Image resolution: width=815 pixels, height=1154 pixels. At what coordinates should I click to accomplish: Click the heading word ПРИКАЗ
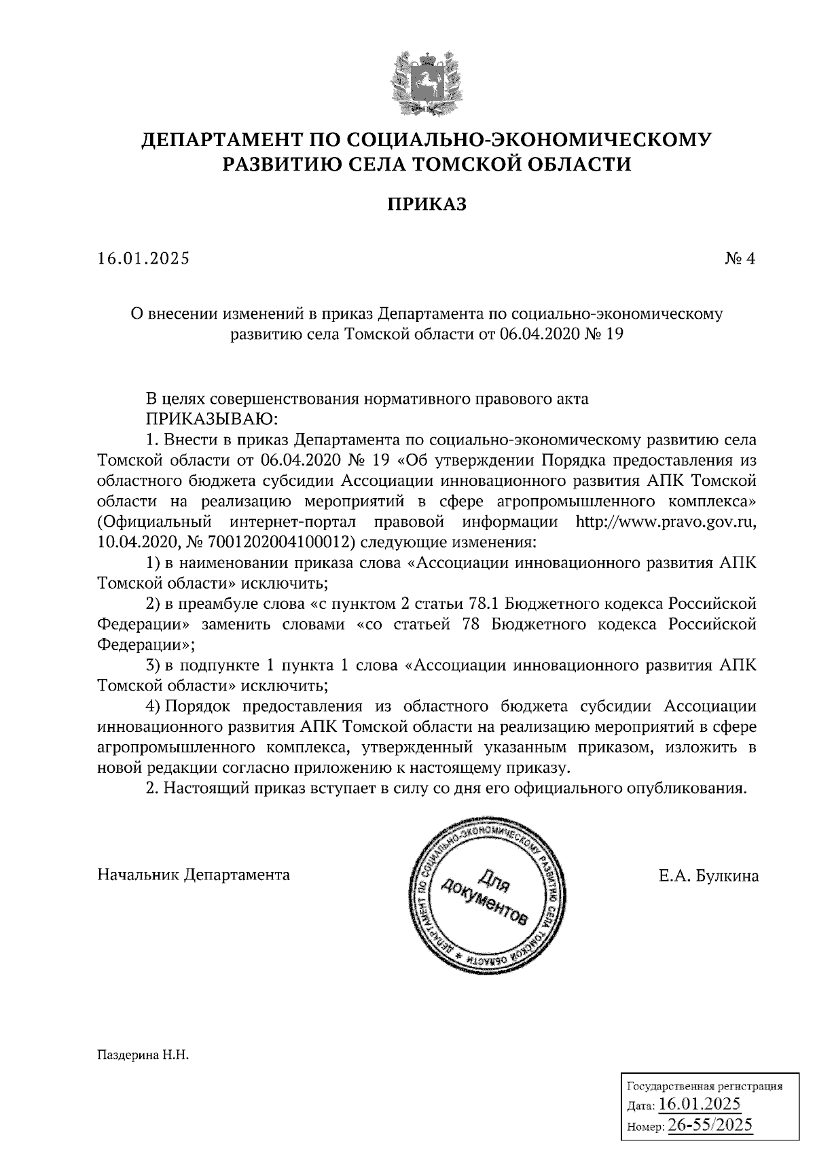(x=427, y=204)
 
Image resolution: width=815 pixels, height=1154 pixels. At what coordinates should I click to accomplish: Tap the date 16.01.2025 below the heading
(x=143, y=258)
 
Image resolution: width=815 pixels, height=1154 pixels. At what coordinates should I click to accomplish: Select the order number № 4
(x=740, y=258)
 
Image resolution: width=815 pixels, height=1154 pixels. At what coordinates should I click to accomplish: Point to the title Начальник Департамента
(x=194, y=875)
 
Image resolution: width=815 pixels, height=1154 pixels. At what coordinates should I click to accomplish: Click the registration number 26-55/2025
(x=710, y=1125)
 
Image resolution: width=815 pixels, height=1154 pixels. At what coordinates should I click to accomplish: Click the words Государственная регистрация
(x=703, y=1086)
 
